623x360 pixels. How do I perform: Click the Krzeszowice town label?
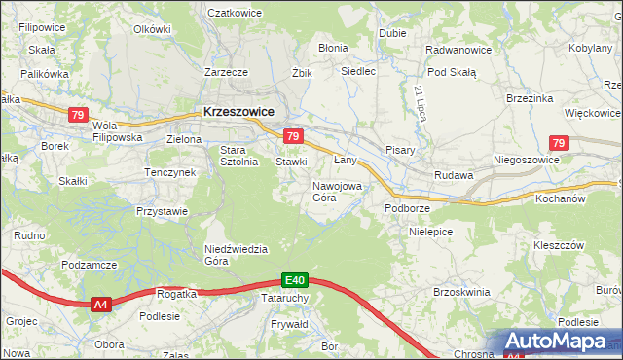pos(238,112)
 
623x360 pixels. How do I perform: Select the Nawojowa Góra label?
pos(337,191)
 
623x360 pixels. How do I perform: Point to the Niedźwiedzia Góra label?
pos(236,255)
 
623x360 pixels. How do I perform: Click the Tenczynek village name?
pos(170,172)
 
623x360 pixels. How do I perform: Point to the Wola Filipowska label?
pos(117,131)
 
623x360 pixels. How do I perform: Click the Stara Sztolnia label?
pos(238,156)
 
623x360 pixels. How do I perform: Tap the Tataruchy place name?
pos(285,298)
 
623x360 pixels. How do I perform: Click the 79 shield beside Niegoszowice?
pos(557,143)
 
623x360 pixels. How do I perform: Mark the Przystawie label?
pos(162,211)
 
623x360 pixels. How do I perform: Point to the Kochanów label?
pos(560,198)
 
